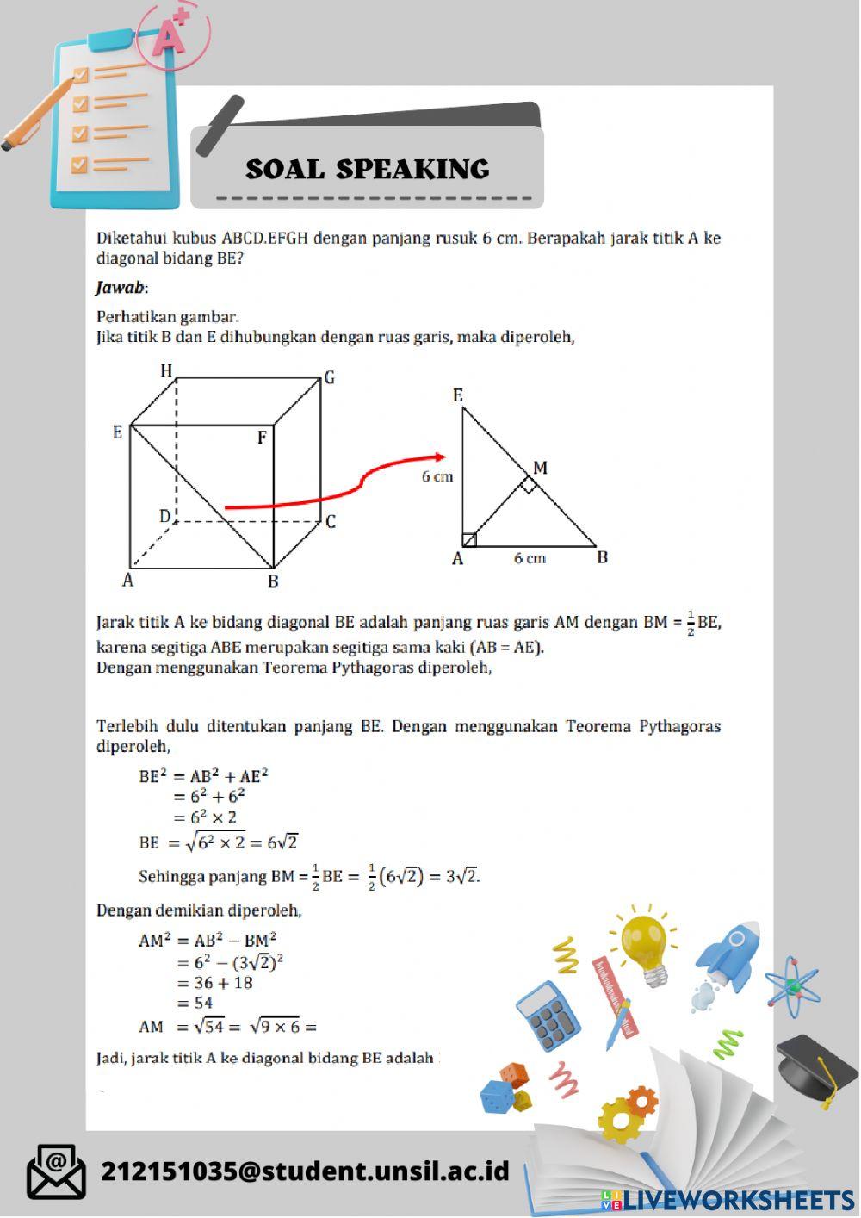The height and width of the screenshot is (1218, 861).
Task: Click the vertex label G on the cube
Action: point(329,377)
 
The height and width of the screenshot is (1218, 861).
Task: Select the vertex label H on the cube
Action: point(166,371)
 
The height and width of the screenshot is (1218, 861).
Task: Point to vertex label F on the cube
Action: point(262,438)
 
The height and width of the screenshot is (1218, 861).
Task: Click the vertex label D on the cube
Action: point(165,516)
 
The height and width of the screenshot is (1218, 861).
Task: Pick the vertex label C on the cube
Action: point(331,521)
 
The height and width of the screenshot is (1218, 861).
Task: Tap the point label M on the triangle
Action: point(540,468)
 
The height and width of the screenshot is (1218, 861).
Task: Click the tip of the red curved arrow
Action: point(442,457)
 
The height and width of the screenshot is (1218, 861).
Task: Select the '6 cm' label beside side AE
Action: point(437,476)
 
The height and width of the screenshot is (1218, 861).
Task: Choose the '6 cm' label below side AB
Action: point(530,558)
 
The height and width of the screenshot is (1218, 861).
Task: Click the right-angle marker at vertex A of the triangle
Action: point(469,540)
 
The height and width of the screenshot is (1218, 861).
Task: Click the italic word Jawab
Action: point(120,288)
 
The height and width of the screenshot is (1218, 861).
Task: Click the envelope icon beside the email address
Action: point(56,1171)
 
